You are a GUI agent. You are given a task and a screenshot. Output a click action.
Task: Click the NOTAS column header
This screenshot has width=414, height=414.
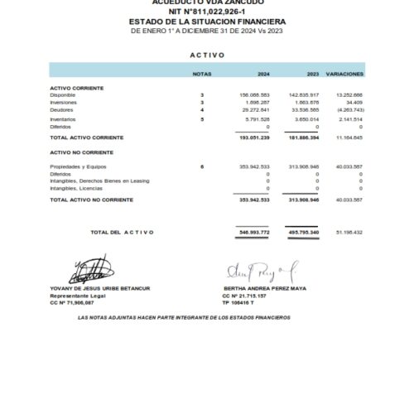click(x=201, y=74)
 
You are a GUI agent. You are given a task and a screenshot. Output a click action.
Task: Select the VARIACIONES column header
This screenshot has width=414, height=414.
click(x=345, y=74)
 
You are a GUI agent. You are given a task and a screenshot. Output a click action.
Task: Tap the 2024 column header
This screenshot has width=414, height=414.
click(x=262, y=74)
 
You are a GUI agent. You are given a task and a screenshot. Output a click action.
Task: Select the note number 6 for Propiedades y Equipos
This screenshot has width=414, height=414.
click(x=201, y=167)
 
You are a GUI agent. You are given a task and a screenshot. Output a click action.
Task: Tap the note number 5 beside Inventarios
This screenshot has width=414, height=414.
click(x=201, y=120)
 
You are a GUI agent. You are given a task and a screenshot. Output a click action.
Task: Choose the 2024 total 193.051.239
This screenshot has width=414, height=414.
click(x=253, y=137)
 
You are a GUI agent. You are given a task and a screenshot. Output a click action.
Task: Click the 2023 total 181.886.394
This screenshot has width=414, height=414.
click(x=302, y=137)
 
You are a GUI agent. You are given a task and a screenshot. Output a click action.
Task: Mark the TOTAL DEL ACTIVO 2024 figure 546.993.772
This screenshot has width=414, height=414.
click(x=253, y=232)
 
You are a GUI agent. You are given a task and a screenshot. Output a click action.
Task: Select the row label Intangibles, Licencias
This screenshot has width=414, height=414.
click(x=77, y=188)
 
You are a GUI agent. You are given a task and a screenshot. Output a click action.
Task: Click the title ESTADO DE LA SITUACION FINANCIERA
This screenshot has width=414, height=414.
click(x=207, y=22)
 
